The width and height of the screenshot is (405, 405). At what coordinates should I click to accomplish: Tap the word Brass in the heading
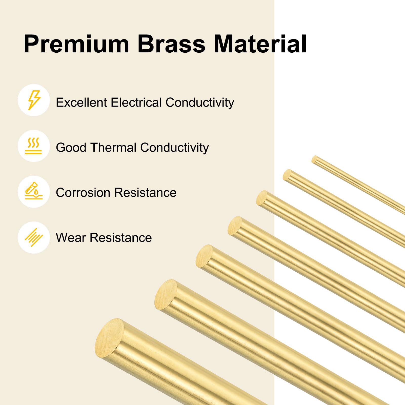[x=171, y=44]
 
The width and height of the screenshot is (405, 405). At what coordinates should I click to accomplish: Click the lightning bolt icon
[x=34, y=100]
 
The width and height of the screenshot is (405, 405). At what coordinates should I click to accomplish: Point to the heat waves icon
[x=34, y=146]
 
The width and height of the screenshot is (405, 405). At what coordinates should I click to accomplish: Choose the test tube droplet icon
[x=34, y=192]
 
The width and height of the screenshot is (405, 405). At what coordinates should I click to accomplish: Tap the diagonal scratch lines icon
[x=34, y=237]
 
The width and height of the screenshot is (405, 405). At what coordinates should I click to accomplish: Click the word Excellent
[x=82, y=103]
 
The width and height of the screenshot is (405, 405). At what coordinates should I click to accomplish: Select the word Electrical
[x=136, y=103]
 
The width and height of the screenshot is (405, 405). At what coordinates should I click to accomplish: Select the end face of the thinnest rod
[x=314, y=159]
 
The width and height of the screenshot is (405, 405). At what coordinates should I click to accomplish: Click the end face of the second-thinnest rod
[x=287, y=175]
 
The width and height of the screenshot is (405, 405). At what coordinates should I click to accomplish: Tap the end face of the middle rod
[x=235, y=226]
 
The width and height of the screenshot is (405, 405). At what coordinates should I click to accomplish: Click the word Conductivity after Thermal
[x=174, y=148]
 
